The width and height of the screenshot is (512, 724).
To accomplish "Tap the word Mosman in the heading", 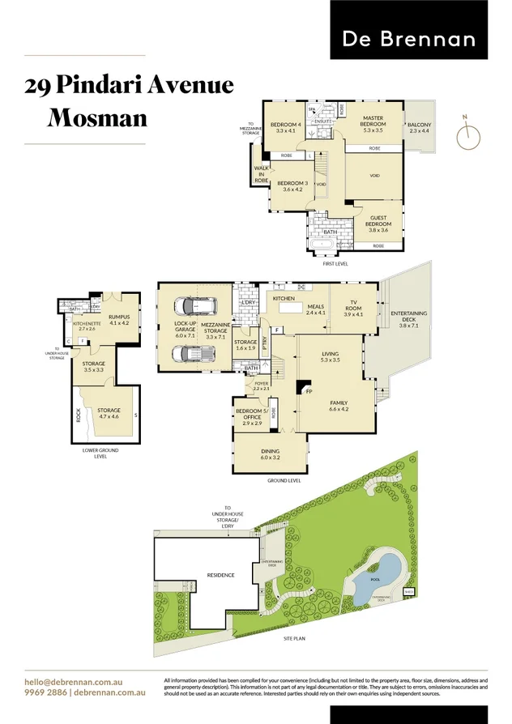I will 97,118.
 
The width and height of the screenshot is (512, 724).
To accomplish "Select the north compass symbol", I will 466,137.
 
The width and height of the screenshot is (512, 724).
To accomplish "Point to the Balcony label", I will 419,127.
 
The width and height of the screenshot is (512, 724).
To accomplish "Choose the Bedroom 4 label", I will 288,126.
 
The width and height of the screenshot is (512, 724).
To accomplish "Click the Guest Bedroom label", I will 378,224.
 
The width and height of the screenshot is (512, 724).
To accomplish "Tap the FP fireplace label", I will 309,392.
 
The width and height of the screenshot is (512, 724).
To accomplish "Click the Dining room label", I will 270,454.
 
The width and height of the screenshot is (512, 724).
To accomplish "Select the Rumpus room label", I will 119,318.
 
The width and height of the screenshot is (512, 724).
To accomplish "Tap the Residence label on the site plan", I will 220,575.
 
